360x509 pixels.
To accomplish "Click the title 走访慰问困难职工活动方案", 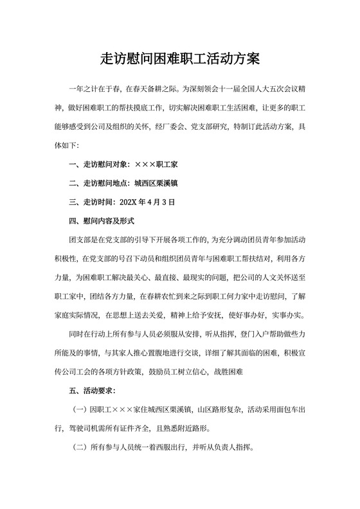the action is pos(180,59).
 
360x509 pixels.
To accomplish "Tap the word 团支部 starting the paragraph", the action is pos(80,240).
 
